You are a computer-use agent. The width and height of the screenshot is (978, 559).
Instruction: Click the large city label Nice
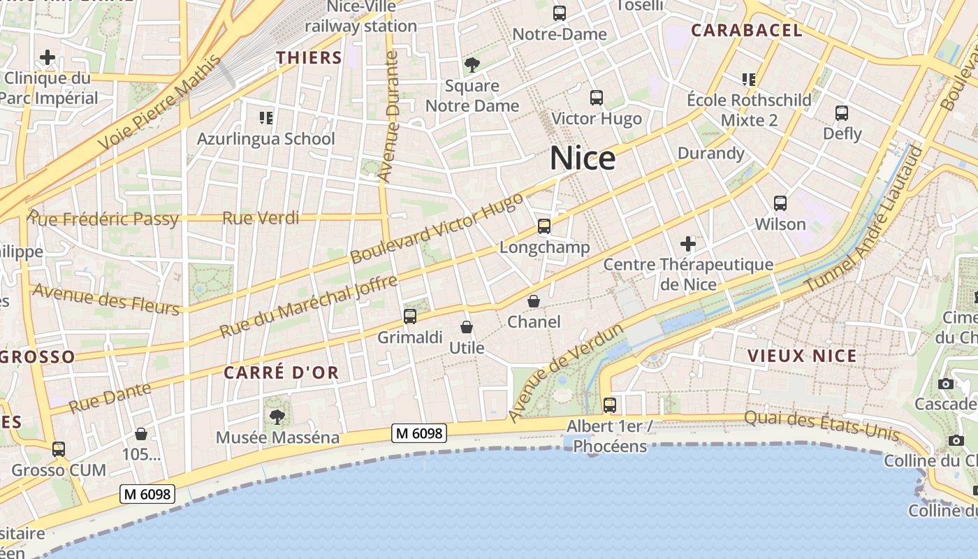(583, 159)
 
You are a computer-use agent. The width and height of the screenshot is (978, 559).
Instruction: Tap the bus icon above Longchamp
(544, 226)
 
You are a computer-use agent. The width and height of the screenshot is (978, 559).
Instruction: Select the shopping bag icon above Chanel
(534, 301)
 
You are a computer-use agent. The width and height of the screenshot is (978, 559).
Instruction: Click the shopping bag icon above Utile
(467, 326)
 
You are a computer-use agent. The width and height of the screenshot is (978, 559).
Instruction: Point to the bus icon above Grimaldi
(410, 316)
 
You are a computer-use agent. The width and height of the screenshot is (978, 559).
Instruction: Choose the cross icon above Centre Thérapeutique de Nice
(688, 244)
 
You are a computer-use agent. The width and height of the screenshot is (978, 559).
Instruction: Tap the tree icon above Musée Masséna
(277, 417)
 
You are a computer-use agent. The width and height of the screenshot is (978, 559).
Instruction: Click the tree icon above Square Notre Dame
(472, 65)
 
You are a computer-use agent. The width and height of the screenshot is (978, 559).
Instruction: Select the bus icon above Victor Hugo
(597, 98)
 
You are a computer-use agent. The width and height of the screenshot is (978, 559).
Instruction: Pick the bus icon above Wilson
(780, 203)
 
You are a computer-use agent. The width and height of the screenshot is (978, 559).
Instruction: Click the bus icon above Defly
(842, 112)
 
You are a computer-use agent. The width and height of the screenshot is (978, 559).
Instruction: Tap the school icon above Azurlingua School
(266, 117)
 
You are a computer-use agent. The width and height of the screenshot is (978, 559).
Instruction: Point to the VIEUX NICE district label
(802, 356)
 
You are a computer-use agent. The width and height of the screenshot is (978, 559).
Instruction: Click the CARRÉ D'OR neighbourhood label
(281, 372)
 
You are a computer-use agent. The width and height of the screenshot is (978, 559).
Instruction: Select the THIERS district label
(309, 57)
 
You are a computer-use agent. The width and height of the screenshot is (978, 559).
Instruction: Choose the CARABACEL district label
(746, 30)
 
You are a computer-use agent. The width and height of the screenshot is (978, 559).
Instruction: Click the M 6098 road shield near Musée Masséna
(418, 433)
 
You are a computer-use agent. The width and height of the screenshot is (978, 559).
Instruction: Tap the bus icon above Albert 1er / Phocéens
(610, 405)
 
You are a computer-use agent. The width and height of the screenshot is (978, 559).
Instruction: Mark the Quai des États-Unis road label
(822, 426)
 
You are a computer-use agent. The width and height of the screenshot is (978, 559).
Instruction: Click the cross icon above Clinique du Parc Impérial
(48, 57)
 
